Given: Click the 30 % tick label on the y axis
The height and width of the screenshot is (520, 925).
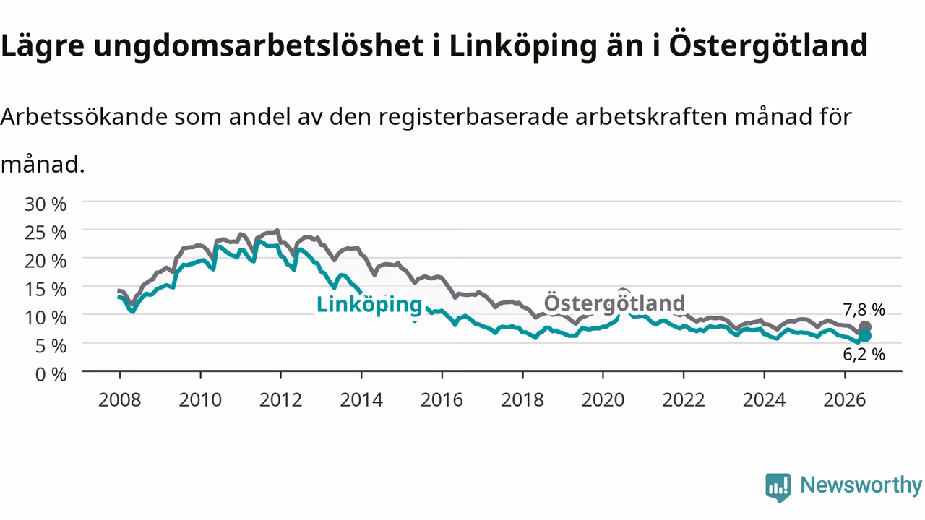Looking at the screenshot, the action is [x=46, y=204].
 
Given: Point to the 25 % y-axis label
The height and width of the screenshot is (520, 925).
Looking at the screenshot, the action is [x=46, y=233].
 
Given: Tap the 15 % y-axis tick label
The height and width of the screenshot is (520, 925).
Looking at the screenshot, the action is [x=46, y=290].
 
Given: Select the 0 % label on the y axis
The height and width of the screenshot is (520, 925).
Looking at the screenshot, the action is [x=51, y=374].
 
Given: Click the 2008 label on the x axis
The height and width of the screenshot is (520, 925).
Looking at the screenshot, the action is [x=119, y=400].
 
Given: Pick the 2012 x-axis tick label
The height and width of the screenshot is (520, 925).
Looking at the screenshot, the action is [x=281, y=400].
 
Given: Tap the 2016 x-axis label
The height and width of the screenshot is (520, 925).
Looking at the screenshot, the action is [x=442, y=400].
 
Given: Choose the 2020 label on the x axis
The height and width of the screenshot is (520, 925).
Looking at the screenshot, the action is [x=603, y=400].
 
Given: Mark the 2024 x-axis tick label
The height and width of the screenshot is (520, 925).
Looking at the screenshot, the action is [x=764, y=400].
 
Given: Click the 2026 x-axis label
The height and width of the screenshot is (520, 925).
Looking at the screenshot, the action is [x=845, y=400].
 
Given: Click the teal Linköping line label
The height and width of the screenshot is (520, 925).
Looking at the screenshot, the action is [x=369, y=305].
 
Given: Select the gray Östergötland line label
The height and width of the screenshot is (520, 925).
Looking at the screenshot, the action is [x=614, y=303].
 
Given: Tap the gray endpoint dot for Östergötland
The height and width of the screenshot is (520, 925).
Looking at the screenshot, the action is [x=865, y=327].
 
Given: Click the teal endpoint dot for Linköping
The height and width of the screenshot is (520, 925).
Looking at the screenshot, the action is [x=865, y=336].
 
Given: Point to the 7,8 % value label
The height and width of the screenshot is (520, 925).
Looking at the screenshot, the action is [x=864, y=310].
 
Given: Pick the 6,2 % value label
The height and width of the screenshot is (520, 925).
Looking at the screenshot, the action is [x=864, y=355].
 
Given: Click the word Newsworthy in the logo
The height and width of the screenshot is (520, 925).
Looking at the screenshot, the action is [x=861, y=485].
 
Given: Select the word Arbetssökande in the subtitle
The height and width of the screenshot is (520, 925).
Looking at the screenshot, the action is [x=84, y=116].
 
